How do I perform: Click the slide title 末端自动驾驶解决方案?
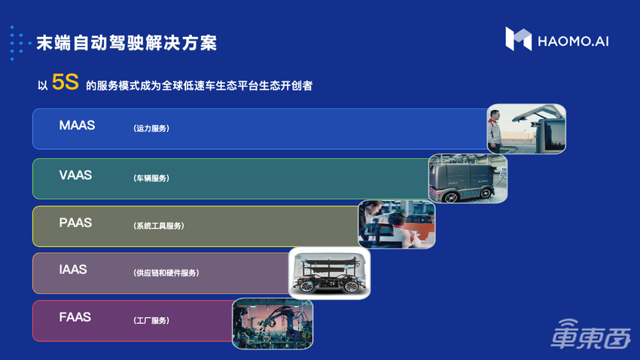pos(126,43)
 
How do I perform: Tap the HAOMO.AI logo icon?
pos(518,39)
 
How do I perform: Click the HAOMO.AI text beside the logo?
pos(573,40)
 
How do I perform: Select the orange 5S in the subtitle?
pos(66,84)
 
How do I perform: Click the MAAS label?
pos(77,126)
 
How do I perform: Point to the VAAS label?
pos(75,175)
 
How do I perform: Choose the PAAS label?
pos(75,223)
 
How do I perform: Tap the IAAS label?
pos(73,270)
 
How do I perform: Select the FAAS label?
pos(75,317)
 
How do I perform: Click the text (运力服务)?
pos(151,129)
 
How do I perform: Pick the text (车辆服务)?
pos(151,178)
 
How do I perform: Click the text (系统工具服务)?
pos(158,226)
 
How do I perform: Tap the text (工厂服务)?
pos(151,320)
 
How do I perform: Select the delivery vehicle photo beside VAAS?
pos(467,178)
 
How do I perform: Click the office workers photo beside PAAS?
pos(397,224)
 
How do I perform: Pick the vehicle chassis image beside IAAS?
pos(329,273)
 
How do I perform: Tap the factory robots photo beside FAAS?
pos(272,323)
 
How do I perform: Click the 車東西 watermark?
pos(591,340)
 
